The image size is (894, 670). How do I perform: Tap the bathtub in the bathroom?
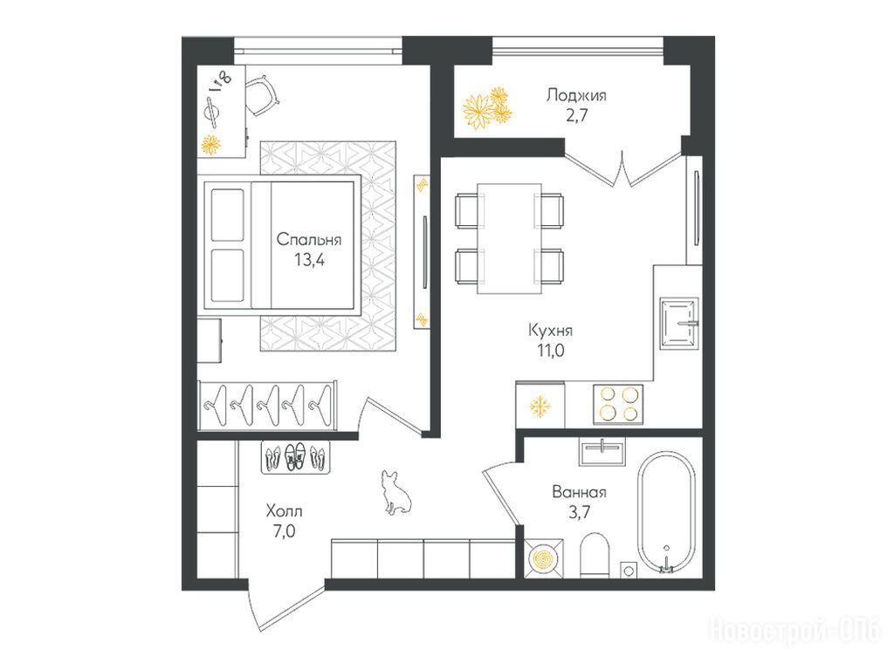point(666,512)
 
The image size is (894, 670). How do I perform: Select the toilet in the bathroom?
point(595,555)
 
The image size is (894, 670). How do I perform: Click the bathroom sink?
point(602,452)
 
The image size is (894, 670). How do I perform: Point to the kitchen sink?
point(679,323)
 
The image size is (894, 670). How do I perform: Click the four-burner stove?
point(618,404)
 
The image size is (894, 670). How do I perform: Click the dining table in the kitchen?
point(509,238)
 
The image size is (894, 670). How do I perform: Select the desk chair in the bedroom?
point(262,94)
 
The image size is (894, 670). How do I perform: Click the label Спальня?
point(309,240)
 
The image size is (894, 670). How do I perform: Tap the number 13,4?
point(309,260)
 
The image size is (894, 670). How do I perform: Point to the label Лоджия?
point(576,95)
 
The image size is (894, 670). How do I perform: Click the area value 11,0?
point(550,351)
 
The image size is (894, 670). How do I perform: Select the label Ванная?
point(579,492)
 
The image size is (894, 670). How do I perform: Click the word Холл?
point(284,511)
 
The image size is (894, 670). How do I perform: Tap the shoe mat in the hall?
point(295,457)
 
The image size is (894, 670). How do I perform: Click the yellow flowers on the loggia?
point(486,108)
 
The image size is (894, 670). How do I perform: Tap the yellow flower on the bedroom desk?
point(211,145)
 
